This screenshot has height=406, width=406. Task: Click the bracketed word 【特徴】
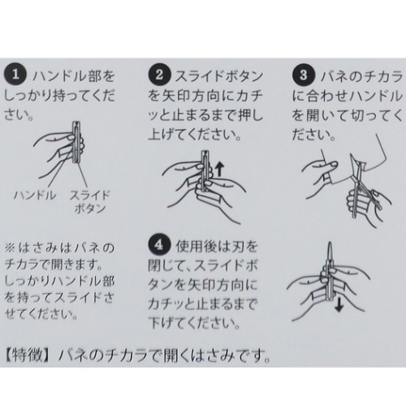(31, 356)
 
